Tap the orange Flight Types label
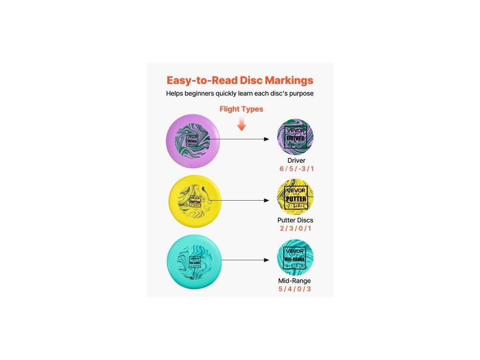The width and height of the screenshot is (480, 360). click(241, 109)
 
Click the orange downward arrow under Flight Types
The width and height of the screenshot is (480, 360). click(241, 124)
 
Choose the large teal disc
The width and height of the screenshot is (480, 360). click(194, 262)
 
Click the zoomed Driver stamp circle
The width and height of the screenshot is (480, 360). click(295, 137)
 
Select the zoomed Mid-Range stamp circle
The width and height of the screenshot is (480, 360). click(295, 258)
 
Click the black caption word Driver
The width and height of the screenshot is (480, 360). click(296, 161)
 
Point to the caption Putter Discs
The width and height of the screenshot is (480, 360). click(295, 220)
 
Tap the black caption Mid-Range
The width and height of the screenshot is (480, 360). click(295, 281)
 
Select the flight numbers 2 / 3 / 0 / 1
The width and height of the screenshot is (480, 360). click(295, 228)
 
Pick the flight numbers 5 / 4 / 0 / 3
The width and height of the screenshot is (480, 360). click(295, 289)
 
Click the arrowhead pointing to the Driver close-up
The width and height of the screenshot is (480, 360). click(267, 139)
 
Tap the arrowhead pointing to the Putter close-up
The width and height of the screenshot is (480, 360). click(267, 200)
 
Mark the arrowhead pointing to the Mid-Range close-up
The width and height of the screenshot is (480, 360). click(267, 260)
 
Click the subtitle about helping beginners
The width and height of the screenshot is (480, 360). click(240, 93)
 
